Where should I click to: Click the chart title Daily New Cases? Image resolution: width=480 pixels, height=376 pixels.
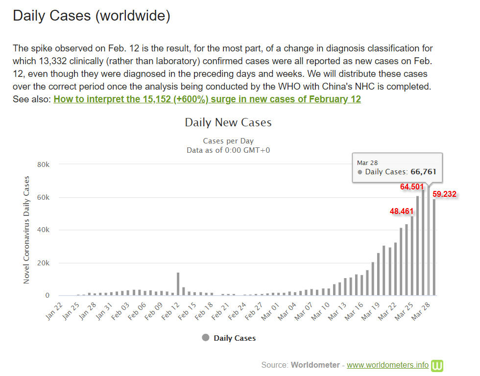tap(228, 122)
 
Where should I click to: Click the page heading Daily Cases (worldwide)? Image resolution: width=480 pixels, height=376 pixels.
tap(92, 16)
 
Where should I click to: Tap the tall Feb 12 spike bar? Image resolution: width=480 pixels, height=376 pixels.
tap(178, 284)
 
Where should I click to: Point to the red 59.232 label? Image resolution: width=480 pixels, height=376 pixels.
tap(444, 194)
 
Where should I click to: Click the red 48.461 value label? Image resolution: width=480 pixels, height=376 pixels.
tap(402, 211)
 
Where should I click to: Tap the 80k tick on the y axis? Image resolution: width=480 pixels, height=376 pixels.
tap(44, 165)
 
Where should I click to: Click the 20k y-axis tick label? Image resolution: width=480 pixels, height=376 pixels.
tap(44, 263)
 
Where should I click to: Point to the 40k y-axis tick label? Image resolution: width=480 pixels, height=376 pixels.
tap(44, 230)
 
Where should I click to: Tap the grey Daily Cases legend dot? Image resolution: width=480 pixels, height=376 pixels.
tap(206, 337)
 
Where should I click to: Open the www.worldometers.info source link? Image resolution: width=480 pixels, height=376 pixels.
tap(387, 365)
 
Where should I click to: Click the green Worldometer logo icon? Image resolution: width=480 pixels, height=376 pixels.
tap(437, 365)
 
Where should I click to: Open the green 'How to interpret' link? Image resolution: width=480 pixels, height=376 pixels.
tap(207, 99)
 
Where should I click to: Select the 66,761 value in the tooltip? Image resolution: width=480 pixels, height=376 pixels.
tap(423, 172)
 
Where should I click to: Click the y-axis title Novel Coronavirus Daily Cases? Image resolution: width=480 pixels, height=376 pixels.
tap(26, 230)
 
